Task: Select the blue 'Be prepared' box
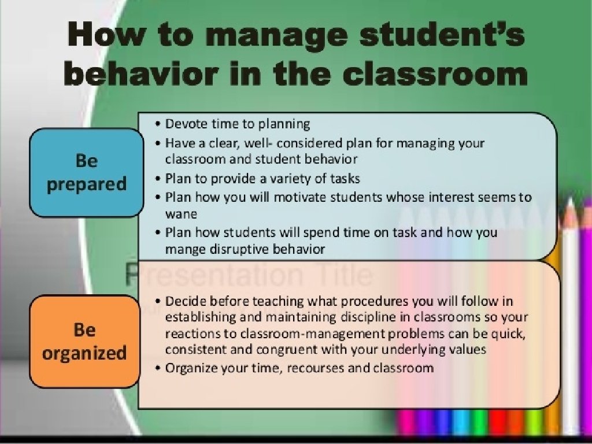pyautogui.click(x=87, y=172)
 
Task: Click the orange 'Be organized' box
pyautogui.click(x=84, y=341)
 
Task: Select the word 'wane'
pyautogui.click(x=181, y=214)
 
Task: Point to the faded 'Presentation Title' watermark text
pyautogui.click(x=249, y=275)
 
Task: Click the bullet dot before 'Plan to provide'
pyautogui.click(x=158, y=179)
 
